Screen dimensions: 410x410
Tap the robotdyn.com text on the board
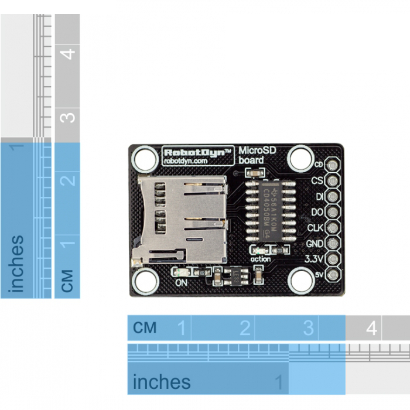click(186, 160)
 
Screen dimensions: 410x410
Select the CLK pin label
click(315, 227)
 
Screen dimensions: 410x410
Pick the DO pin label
click(317, 211)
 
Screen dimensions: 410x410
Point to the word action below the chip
click(260, 258)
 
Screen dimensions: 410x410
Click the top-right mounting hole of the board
click(300, 158)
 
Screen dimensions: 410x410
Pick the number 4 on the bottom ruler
click(371, 329)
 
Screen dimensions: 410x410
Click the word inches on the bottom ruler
click(162, 382)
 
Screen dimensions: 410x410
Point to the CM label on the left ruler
click(67, 281)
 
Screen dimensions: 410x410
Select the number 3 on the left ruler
click(68, 116)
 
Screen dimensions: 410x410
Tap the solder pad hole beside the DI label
click(333, 196)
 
